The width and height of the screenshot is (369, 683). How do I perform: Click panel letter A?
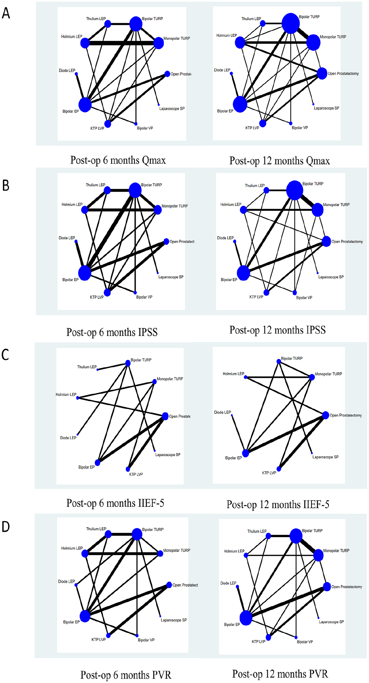tap(6, 13)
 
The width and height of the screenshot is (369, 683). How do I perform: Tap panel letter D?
tap(6, 527)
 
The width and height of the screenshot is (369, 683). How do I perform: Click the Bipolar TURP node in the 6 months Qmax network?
tap(136, 24)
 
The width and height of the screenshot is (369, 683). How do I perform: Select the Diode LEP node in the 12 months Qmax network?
tap(231, 74)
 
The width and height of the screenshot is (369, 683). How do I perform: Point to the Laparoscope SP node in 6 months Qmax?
tap(159, 105)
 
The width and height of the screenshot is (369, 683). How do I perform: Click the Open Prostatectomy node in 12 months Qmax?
tap(322, 74)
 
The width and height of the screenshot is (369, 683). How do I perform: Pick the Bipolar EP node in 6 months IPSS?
tap(84, 273)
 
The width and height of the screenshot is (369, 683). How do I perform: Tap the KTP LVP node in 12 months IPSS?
tap(266, 292)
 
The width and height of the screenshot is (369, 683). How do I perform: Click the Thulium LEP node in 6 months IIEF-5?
tap(97, 370)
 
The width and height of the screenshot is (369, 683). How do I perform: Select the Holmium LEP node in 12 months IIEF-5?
tap(246, 377)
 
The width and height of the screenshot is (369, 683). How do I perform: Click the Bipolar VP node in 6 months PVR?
tap(137, 635)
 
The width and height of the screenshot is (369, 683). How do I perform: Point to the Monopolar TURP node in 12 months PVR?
tap(318, 555)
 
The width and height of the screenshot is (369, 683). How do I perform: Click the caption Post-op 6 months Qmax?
tap(118, 160)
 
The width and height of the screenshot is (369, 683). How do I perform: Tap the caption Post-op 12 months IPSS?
tap(277, 330)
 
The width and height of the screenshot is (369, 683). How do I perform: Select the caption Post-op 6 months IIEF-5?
tap(115, 503)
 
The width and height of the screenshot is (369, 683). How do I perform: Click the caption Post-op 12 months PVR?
tap(280, 674)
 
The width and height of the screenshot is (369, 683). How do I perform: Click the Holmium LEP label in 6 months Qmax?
tap(71, 36)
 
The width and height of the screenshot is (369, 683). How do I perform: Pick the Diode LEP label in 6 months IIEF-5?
tap(68, 438)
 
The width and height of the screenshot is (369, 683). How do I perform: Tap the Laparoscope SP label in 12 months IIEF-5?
tap(325, 457)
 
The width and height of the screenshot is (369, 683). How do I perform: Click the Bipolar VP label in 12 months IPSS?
tap(304, 298)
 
